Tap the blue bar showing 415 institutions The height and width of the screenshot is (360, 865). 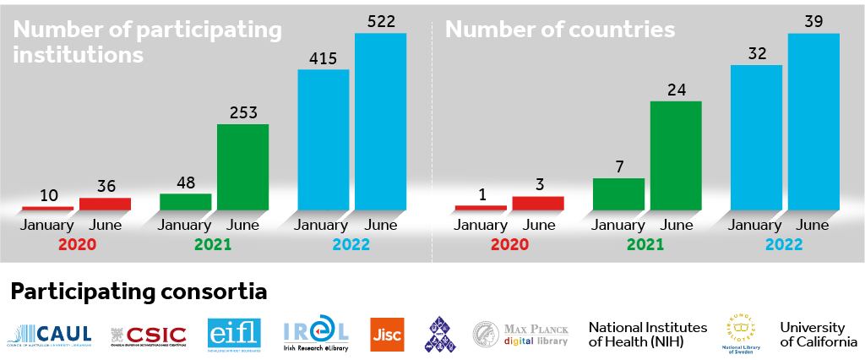tap(324, 139)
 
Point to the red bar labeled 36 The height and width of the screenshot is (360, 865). tap(105, 204)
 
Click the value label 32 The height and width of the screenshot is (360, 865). tap(756, 53)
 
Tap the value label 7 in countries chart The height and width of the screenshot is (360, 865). tap(618, 167)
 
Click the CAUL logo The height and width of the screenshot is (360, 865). tap(50, 333)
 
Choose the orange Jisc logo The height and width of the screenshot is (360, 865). tap(387, 334)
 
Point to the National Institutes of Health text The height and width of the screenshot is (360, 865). tap(636, 334)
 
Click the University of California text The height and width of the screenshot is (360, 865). tap(812, 334)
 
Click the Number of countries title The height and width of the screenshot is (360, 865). tap(560, 30)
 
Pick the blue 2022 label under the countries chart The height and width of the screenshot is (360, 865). tap(785, 244)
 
